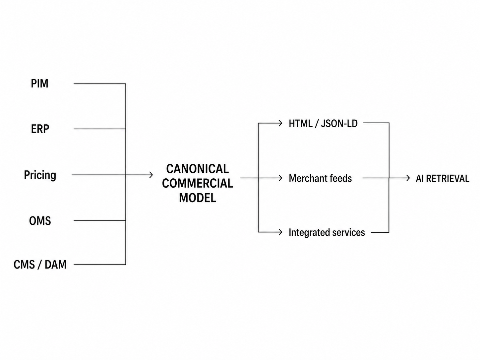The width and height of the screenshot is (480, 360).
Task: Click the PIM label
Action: [39, 84]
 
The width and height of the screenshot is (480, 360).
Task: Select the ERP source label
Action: [40, 129]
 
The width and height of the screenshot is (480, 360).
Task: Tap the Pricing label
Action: [40, 175]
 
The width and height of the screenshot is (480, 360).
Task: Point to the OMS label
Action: [40, 221]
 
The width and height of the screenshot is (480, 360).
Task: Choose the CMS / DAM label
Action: [40, 265]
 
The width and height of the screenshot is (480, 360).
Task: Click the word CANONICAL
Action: [198, 169]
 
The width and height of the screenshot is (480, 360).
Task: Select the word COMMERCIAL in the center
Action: [198, 183]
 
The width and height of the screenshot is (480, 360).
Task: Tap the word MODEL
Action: [198, 198]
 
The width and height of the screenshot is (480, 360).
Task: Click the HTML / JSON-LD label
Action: [323, 124]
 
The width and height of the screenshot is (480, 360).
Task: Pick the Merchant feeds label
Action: [320, 178]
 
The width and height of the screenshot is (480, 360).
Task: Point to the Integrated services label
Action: [327, 232]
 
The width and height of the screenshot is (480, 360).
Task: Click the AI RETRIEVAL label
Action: [443, 179]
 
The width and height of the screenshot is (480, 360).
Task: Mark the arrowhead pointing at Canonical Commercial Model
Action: [151, 175]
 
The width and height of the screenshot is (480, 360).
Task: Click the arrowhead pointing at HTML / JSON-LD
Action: [280, 123]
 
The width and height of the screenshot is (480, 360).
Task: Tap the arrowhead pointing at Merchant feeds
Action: [280, 178]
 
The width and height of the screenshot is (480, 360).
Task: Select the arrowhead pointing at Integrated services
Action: [280, 232]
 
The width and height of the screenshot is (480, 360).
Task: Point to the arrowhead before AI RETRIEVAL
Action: [408, 178]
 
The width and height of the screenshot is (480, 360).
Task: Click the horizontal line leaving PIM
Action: [100, 84]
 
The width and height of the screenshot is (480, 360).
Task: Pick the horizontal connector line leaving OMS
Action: [100, 221]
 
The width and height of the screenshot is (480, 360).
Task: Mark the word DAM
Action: [56, 265]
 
